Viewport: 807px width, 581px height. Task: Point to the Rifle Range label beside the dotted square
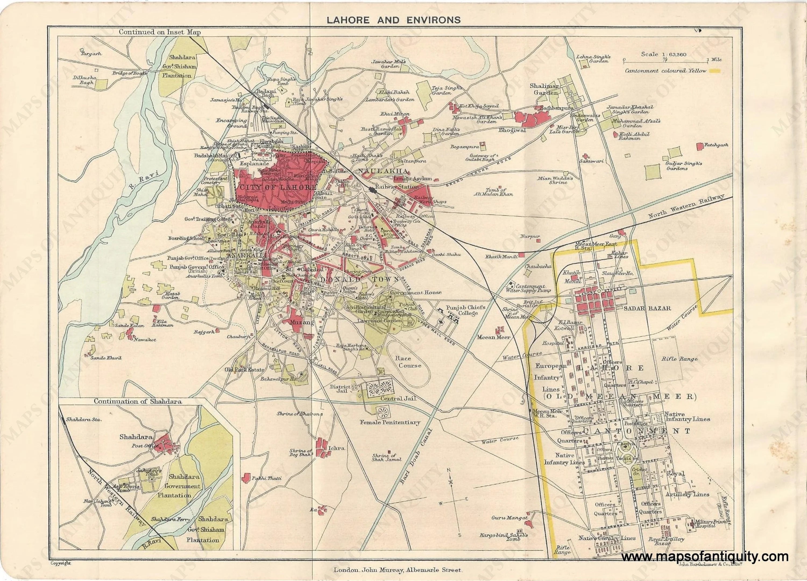[674, 359]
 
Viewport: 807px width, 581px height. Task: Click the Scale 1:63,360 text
[664, 54]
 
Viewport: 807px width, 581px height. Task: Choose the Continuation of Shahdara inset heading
[138, 401]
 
